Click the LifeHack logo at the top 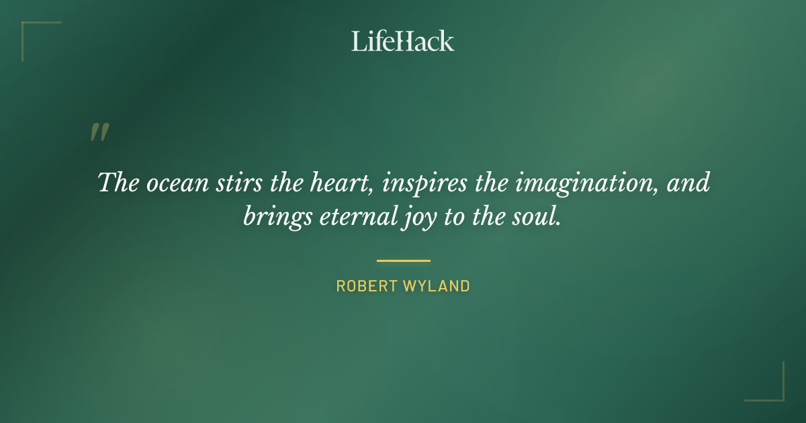(403, 41)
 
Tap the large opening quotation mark (99, 132)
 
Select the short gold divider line (403, 261)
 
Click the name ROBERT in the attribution (367, 286)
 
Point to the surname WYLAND (437, 286)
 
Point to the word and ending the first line (688, 183)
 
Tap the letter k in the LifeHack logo (446, 42)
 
